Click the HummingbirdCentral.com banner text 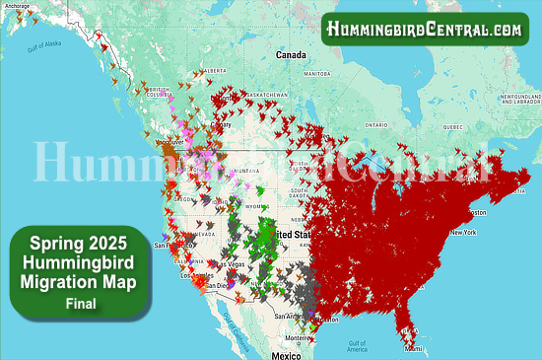426,29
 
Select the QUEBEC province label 450,126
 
